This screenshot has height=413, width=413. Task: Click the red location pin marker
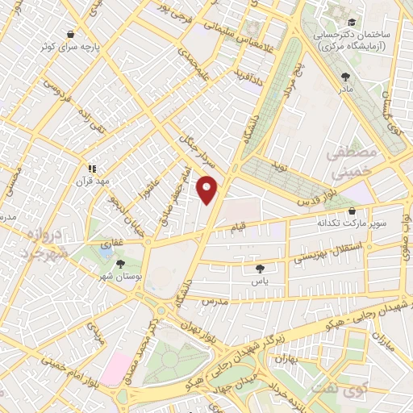coord(207,190)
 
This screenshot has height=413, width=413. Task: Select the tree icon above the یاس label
coord(258,269)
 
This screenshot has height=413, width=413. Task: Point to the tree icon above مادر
coord(346,77)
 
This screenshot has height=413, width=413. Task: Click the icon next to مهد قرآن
coord(92,169)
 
